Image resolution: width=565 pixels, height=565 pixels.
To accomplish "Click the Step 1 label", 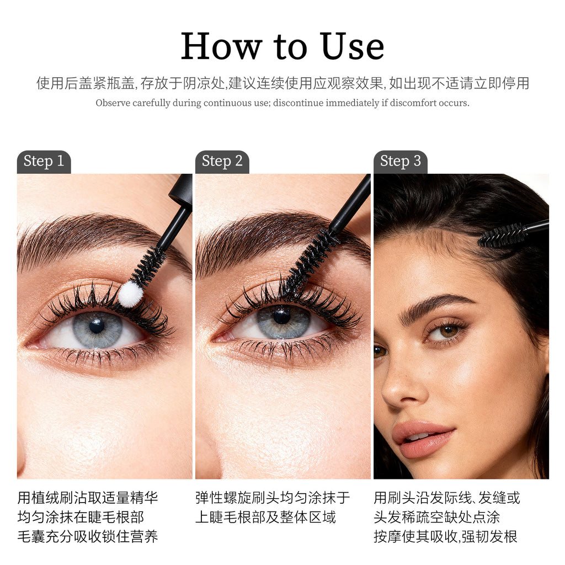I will (x=44, y=162).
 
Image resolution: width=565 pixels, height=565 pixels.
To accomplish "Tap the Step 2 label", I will (x=222, y=162).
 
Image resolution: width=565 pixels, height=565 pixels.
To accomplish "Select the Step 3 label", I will (x=401, y=162).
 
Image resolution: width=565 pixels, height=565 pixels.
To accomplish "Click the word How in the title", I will (x=221, y=47).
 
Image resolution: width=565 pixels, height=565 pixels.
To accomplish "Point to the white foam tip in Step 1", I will (x=131, y=294).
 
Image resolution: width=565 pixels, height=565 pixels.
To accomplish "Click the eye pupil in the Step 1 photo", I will (x=97, y=326).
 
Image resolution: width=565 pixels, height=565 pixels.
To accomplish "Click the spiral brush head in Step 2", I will (x=312, y=259).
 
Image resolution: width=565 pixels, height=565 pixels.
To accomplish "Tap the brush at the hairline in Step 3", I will (x=503, y=235).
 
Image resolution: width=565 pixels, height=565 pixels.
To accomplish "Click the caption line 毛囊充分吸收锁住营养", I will (x=88, y=536).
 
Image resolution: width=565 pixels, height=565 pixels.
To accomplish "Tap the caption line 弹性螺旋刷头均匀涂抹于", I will (x=273, y=498).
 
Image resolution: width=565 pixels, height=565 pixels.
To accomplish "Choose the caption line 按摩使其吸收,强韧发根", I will (x=445, y=536).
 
